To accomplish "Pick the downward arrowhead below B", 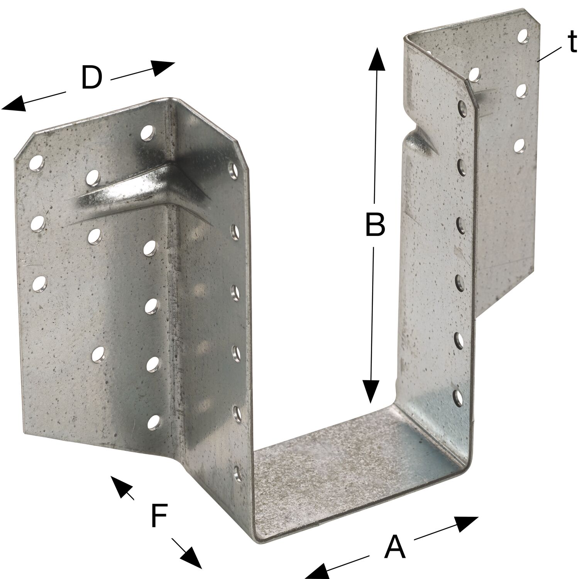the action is [x=371, y=391].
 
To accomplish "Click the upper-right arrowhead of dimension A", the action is [x=466, y=524].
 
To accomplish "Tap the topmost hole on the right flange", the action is [x=523, y=36].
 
